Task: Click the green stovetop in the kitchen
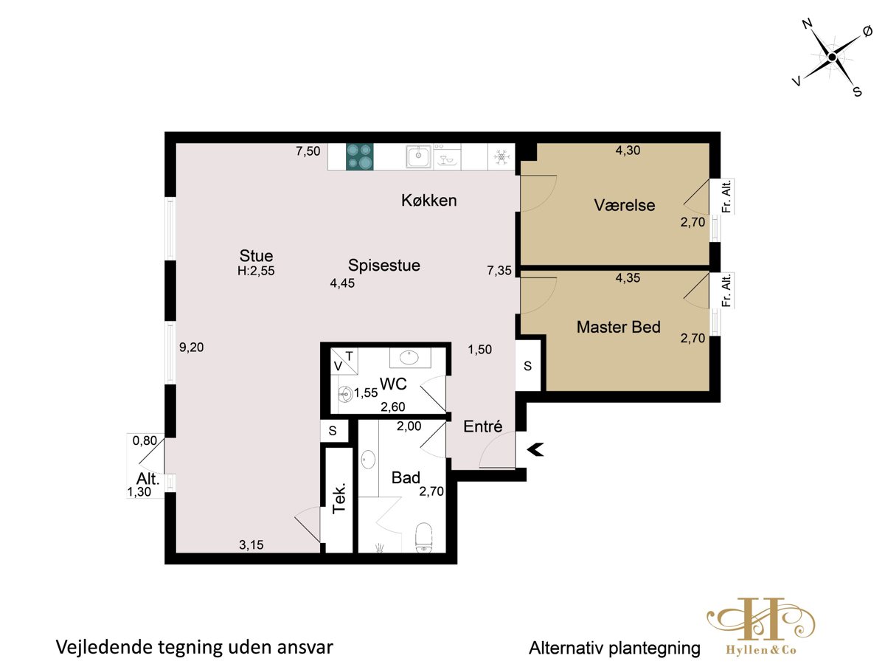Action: click(x=360, y=156)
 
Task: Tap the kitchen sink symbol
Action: click(x=418, y=156)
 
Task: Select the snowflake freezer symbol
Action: click(x=502, y=156)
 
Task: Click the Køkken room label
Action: click(x=429, y=201)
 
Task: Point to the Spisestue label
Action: click(x=384, y=266)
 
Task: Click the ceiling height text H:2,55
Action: click(x=256, y=271)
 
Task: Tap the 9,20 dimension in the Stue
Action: click(x=192, y=347)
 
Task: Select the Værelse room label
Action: click(x=625, y=205)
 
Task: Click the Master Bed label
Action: click(x=619, y=327)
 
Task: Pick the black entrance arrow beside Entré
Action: click(x=535, y=449)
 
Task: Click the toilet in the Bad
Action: click(x=424, y=537)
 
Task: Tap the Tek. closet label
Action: click(x=339, y=497)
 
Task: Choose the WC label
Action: click(x=393, y=384)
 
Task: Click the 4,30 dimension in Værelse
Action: click(x=628, y=151)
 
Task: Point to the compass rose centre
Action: click(x=832, y=58)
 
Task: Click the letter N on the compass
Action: click(x=807, y=24)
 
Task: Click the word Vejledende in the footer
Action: click(x=104, y=648)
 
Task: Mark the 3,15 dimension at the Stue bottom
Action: click(x=251, y=545)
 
